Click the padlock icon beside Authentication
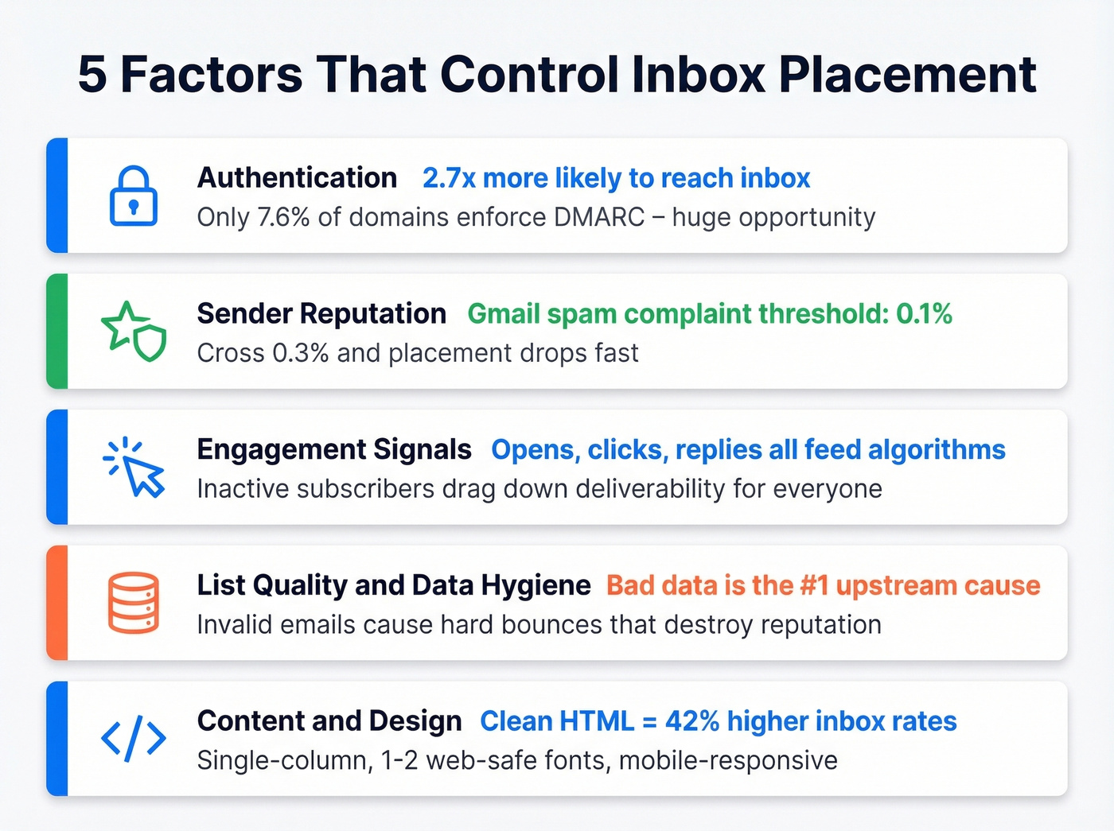coord(133,196)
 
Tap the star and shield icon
coord(134,331)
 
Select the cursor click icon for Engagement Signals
coord(134,468)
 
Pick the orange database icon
coord(133,603)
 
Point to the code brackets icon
coord(133,739)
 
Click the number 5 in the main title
coord(92,75)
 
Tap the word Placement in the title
coord(907,75)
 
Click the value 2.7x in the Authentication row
coord(449,178)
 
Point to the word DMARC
coord(599,217)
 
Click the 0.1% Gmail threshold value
coord(924,314)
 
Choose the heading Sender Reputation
coord(321,314)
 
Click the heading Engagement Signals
coord(334,450)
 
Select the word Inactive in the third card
coord(243,489)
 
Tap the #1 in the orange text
coord(814,586)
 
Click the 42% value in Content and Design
coord(692,721)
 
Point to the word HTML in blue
coord(597,721)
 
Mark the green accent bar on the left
coord(57,331)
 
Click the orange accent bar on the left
coord(57,603)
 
